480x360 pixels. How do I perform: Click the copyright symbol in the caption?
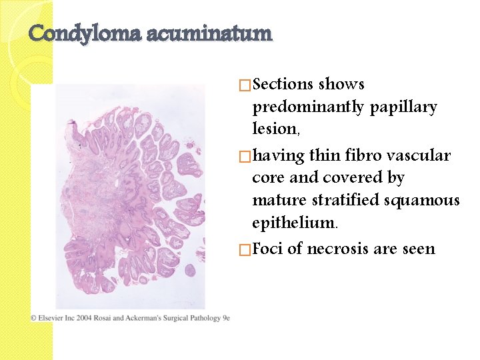click(33, 318)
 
